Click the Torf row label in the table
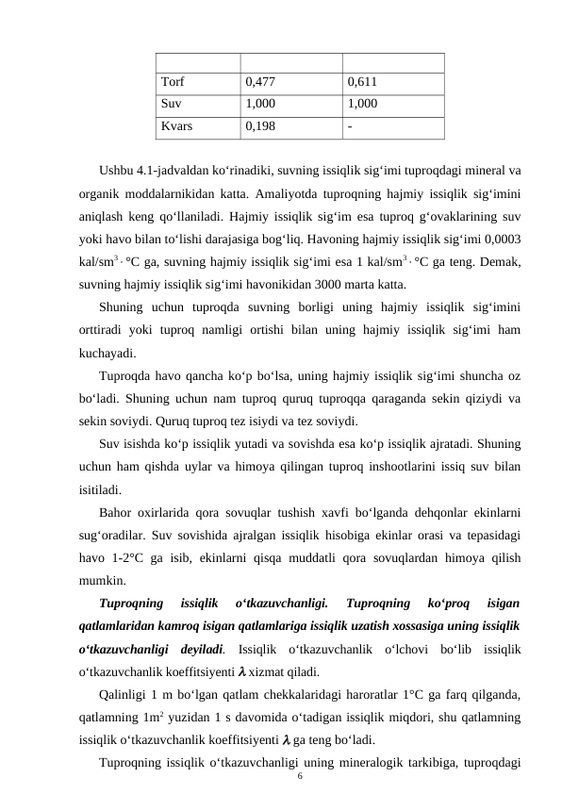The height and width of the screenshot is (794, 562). pyautogui.click(x=173, y=82)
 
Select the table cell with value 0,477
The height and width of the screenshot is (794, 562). pyautogui.click(x=260, y=82)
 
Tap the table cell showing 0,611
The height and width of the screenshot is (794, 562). pyautogui.click(x=363, y=82)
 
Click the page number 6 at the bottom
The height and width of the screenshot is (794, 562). pyautogui.click(x=299, y=774)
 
